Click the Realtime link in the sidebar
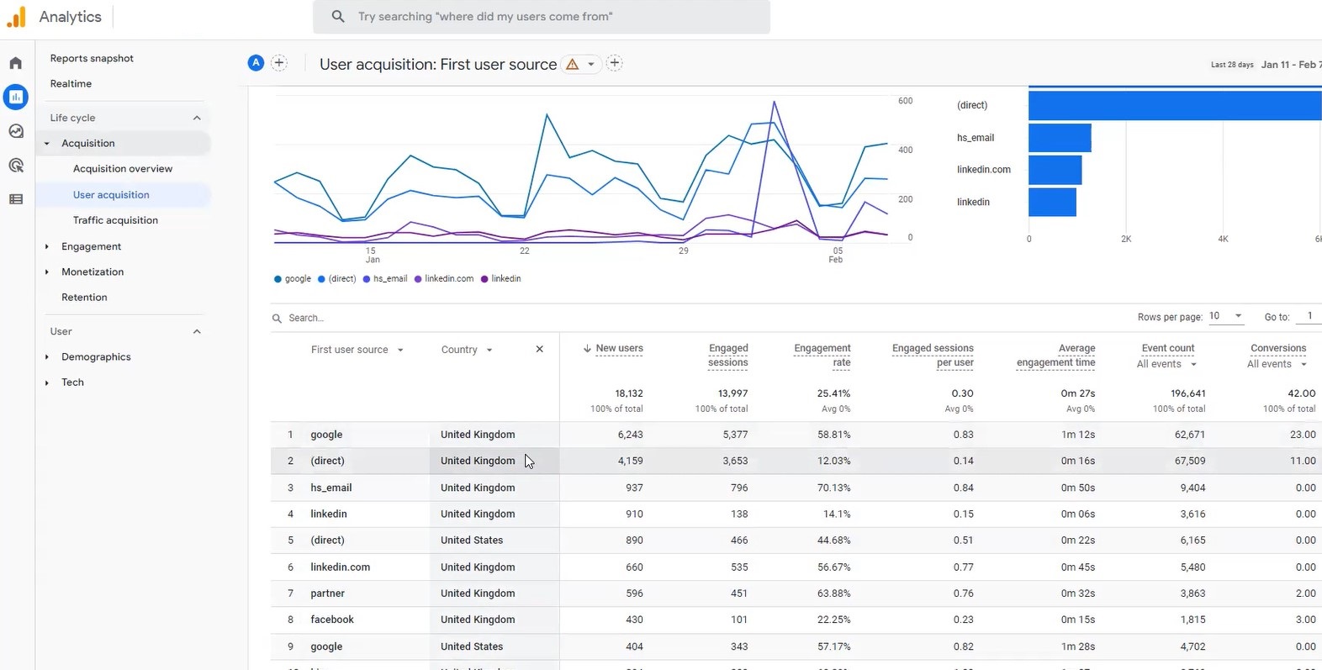pyautogui.click(x=71, y=84)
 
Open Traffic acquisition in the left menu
pyautogui.click(x=115, y=220)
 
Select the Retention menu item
pyautogui.click(x=84, y=298)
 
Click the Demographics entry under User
pyautogui.click(x=96, y=357)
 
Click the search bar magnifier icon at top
pyautogui.click(x=338, y=17)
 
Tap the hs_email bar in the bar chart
pyautogui.click(x=1059, y=138)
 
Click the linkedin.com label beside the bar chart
pyautogui.click(x=983, y=170)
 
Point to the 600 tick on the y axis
pyautogui.click(x=905, y=101)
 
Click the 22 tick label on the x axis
pyautogui.click(x=524, y=251)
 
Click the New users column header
pyautogui.click(x=619, y=349)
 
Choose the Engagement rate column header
pyautogui.click(x=822, y=356)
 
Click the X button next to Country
pyautogui.click(x=539, y=350)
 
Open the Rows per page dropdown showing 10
pyautogui.click(x=1226, y=316)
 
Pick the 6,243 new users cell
pyautogui.click(x=630, y=435)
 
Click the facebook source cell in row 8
pyautogui.click(x=332, y=620)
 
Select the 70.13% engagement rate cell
pyautogui.click(x=833, y=488)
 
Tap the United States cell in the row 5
pyautogui.click(x=472, y=541)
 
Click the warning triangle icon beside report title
pyautogui.click(x=573, y=65)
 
